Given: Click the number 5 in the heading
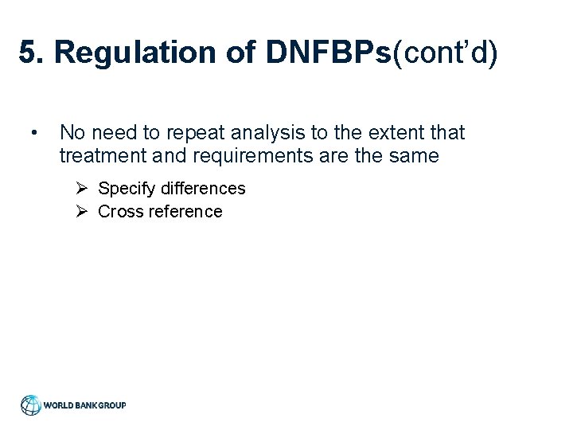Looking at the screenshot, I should [x=29, y=53].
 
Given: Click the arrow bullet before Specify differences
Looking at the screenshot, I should [x=82, y=189].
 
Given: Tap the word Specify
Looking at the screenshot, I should [x=127, y=189].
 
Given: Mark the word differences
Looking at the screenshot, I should [x=203, y=189].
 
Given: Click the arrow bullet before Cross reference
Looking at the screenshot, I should [x=82, y=212].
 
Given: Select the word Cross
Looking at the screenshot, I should [x=120, y=212].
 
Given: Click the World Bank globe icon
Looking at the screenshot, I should [x=31, y=405].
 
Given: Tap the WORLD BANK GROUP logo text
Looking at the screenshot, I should [x=84, y=405].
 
